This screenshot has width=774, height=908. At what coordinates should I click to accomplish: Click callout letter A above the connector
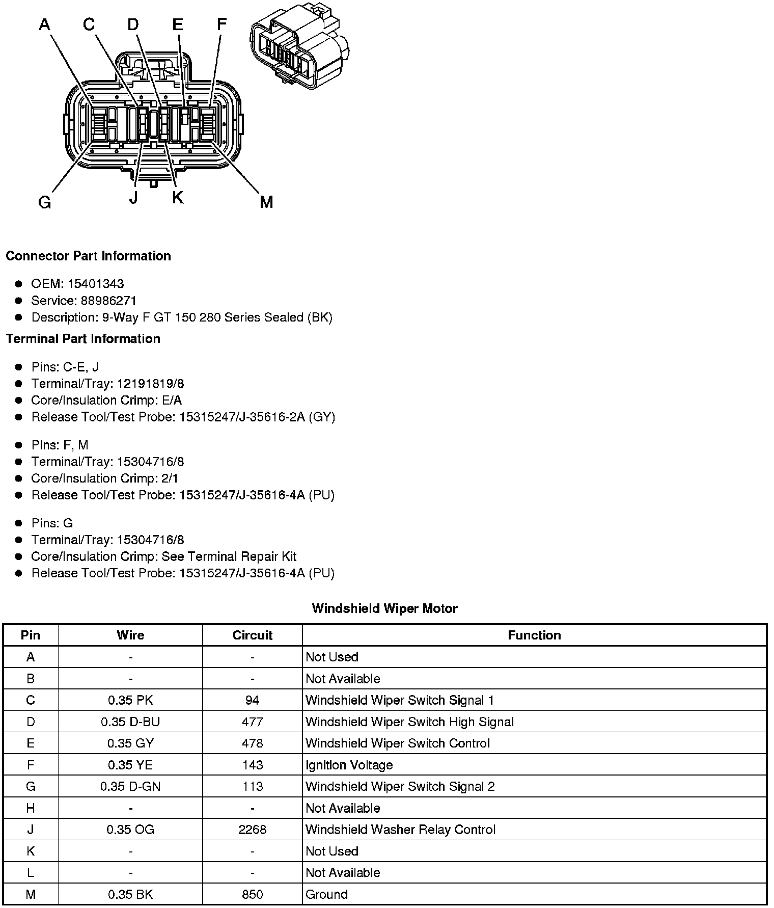pyautogui.click(x=45, y=24)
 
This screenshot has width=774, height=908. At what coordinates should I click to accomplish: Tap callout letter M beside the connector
pyautogui.click(x=266, y=202)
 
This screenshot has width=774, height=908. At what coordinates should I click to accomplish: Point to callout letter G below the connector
pyautogui.click(x=45, y=203)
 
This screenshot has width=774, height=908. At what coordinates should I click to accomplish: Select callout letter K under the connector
pyautogui.click(x=177, y=197)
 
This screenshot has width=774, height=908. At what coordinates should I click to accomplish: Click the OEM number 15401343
pyautogui.click(x=96, y=284)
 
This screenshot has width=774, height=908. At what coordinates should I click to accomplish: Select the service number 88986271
pyautogui.click(x=108, y=301)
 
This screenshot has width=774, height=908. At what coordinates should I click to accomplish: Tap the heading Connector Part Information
pyautogui.click(x=88, y=256)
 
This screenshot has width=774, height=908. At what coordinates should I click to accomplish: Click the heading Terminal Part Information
pyautogui.click(x=83, y=339)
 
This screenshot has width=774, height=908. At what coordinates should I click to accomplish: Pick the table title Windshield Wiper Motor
pyautogui.click(x=384, y=608)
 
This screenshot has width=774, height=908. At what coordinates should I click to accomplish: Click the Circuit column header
pyautogui.click(x=252, y=635)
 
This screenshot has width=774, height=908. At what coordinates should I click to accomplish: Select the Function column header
pyautogui.click(x=534, y=635)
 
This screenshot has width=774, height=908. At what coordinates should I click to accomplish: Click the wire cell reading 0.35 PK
pyautogui.click(x=130, y=700)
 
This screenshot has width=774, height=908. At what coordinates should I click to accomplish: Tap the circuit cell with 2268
pyautogui.click(x=252, y=830)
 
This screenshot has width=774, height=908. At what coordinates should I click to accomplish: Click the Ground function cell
pyautogui.click(x=326, y=894)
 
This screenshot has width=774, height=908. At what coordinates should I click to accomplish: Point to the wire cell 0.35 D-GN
pyautogui.click(x=130, y=786)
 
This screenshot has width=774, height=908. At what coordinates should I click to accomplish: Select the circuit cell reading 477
pyautogui.click(x=252, y=722)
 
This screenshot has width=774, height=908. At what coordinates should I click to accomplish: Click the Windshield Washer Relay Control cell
pyautogui.click(x=400, y=830)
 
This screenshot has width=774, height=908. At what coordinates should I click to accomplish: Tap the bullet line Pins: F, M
pyautogui.click(x=60, y=445)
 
